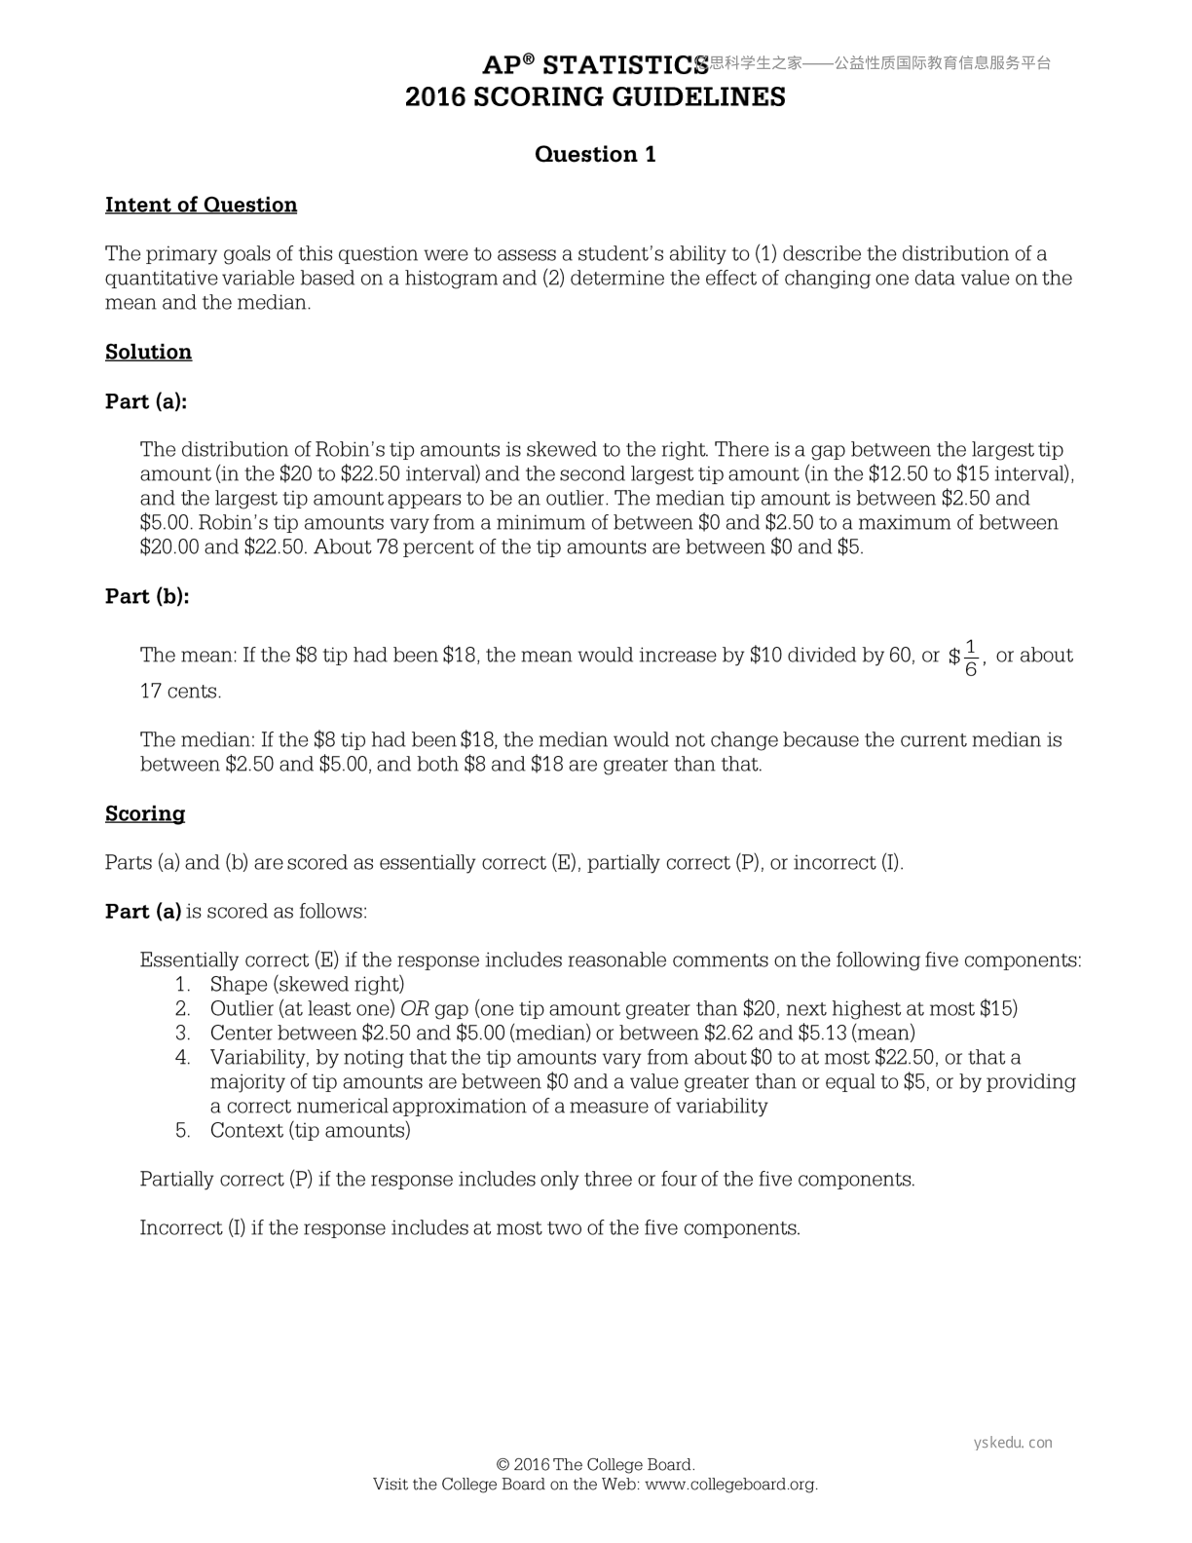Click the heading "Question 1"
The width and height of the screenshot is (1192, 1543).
(x=595, y=154)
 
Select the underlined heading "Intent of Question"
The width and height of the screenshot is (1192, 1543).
(x=201, y=205)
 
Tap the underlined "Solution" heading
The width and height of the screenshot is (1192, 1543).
(x=148, y=352)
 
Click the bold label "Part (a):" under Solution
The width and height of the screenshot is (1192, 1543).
(x=146, y=401)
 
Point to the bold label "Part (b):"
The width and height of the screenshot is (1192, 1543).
(x=147, y=596)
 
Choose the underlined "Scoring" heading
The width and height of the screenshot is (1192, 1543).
(x=145, y=813)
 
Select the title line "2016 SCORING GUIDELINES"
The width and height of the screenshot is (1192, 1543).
(x=595, y=97)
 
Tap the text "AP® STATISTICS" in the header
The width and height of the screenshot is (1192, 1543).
(x=595, y=65)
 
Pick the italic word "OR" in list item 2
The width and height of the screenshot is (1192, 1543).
(x=415, y=1009)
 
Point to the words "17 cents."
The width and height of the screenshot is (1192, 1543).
(x=181, y=692)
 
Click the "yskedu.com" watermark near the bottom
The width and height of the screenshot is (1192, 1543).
(x=1013, y=1443)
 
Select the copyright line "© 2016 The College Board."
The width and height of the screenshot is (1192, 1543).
(x=595, y=1465)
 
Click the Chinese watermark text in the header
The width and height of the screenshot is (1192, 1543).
(x=876, y=63)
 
